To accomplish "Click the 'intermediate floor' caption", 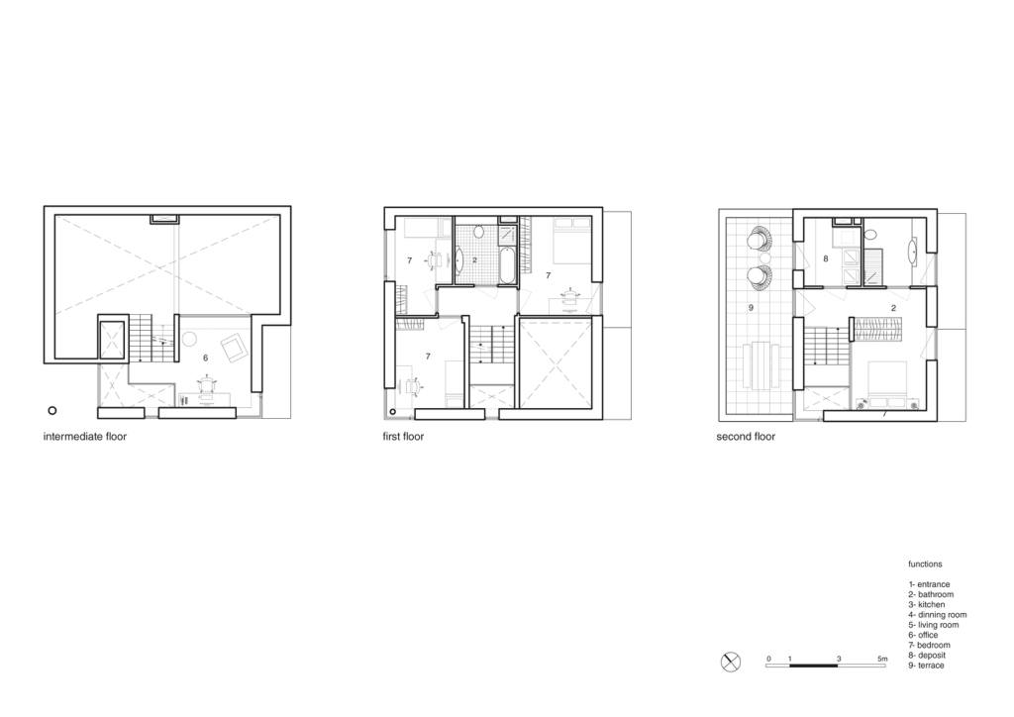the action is click(x=85, y=437).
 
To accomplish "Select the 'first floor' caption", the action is click(x=403, y=437).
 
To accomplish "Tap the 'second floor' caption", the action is click(x=746, y=437).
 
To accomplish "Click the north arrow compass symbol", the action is click(x=730, y=663).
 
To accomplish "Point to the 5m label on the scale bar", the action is click(x=882, y=659).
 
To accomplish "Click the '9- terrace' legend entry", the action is click(x=926, y=666).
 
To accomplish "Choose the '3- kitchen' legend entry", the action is click(x=926, y=604).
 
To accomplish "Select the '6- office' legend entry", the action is click(x=923, y=635).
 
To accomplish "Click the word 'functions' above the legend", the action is click(x=925, y=563).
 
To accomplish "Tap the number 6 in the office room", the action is click(x=206, y=358).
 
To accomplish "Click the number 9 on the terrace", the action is click(x=751, y=308).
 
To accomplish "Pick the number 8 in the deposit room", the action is click(x=825, y=258).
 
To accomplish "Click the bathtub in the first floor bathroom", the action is click(x=507, y=264).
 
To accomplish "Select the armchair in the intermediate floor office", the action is click(x=234, y=348).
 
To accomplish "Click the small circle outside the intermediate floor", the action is click(x=52, y=410).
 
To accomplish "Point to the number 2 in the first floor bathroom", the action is click(x=474, y=259).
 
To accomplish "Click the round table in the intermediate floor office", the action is click(x=189, y=338).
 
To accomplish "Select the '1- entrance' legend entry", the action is click(x=929, y=584).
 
